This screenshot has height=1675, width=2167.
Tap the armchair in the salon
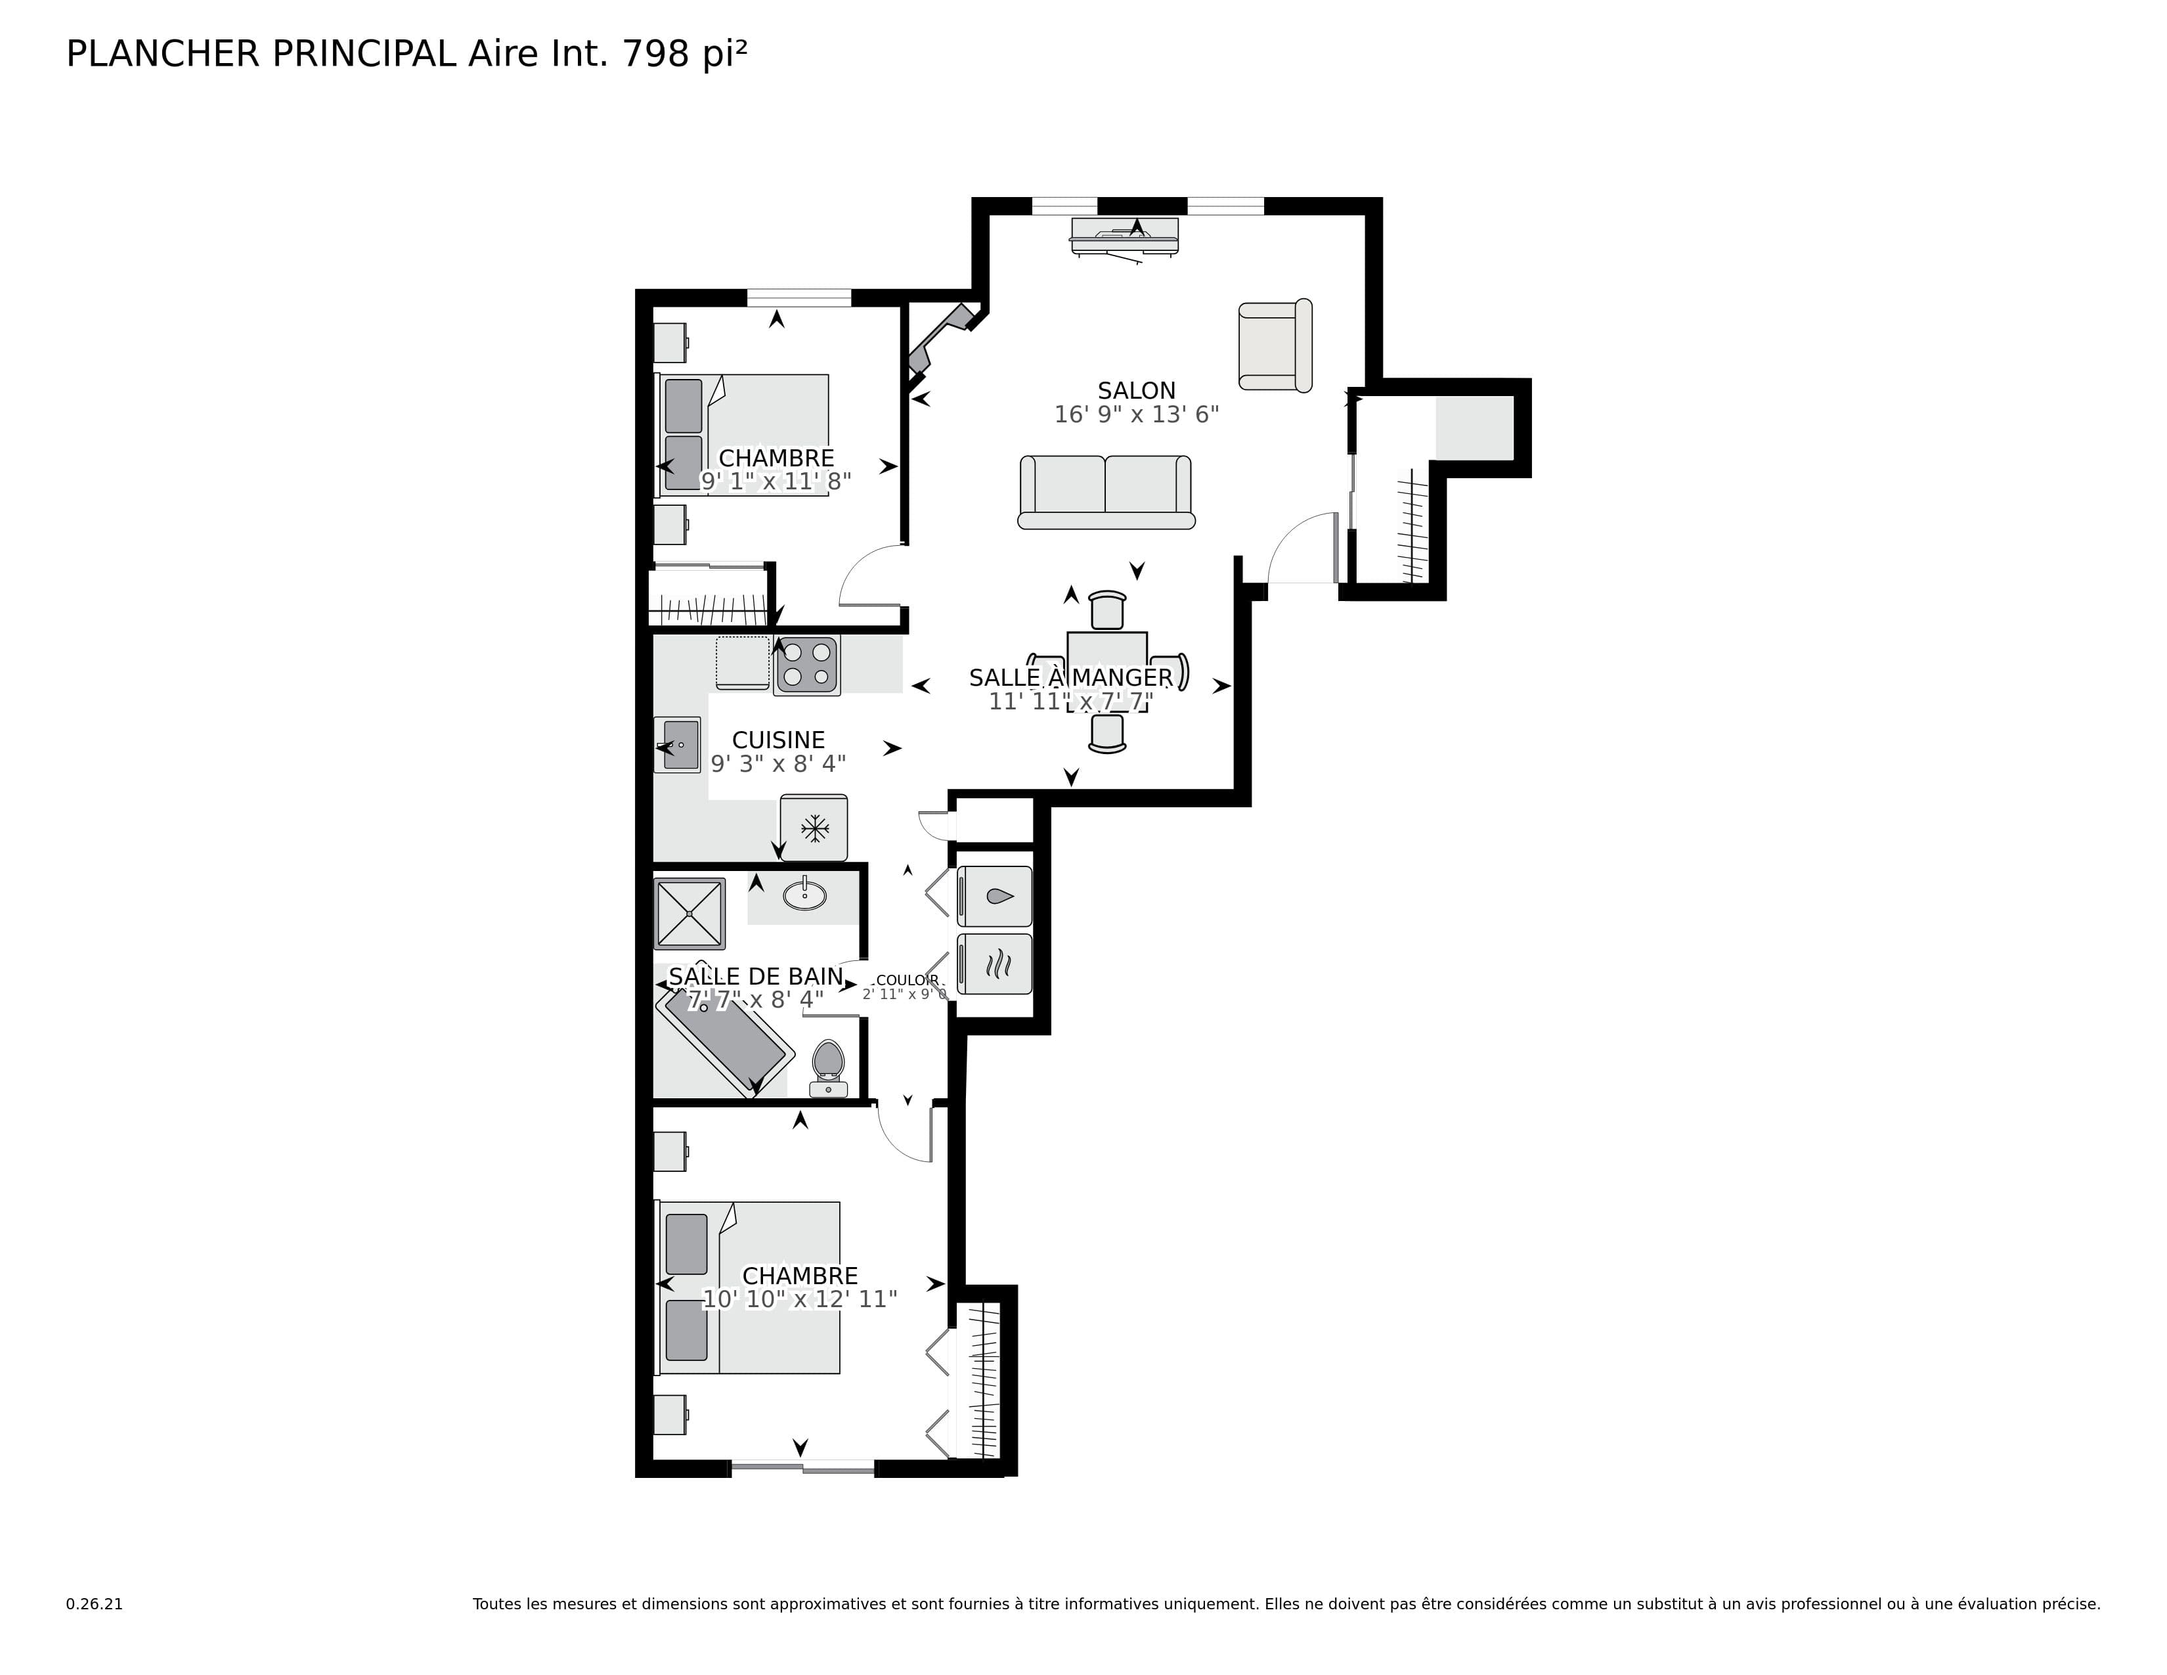[x=1274, y=346]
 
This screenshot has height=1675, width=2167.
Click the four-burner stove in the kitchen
[x=806, y=665]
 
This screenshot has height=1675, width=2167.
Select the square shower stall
[x=689, y=913]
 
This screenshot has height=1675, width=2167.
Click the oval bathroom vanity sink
[x=804, y=895]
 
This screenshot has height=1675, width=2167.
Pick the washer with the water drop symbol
[x=994, y=896]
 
